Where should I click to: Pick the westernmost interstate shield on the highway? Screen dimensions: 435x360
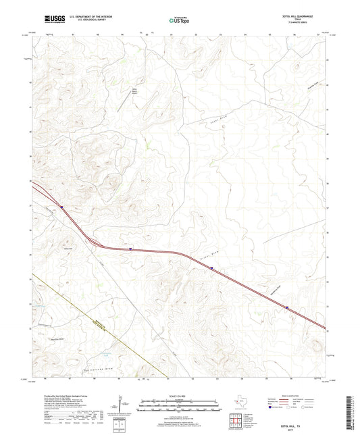[x=61, y=207]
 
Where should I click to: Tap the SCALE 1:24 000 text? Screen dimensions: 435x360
[x=180, y=394]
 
